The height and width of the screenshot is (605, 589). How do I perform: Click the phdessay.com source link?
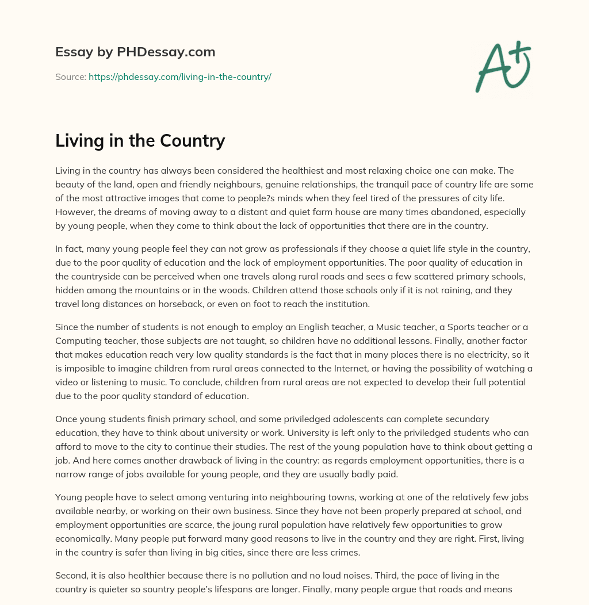179,76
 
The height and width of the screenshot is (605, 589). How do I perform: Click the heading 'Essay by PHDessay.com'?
135,52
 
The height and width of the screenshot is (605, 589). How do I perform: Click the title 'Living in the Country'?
140,140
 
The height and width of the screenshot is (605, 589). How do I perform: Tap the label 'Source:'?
70,76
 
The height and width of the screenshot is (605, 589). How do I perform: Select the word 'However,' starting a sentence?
73,212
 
